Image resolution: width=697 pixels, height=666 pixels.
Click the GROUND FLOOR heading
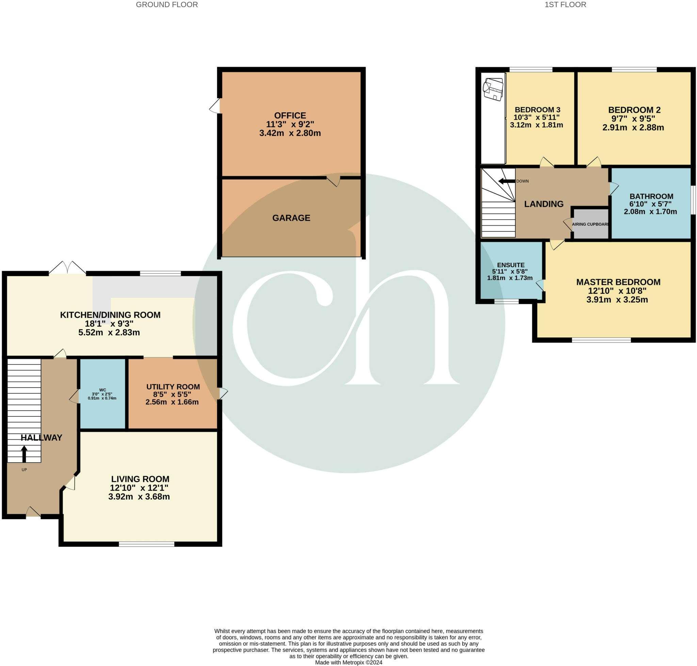point(167,5)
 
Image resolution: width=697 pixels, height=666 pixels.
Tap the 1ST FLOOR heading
point(565,5)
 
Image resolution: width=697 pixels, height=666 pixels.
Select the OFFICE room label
point(290,116)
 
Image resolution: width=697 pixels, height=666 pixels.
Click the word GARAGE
point(291,218)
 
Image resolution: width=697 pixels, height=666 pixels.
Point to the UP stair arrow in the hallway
point(24,454)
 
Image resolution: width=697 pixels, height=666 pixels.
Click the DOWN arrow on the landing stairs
point(506,181)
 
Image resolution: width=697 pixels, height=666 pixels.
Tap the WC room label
point(102,390)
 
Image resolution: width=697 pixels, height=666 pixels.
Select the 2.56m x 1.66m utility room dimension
point(172,402)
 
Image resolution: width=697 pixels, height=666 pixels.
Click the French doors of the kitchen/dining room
point(67,268)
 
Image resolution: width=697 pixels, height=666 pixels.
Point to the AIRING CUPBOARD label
point(590,224)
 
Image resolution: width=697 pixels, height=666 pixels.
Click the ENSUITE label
point(511,265)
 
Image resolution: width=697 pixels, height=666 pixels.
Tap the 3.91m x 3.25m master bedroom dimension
point(617,300)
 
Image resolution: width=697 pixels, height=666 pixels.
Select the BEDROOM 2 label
point(634,110)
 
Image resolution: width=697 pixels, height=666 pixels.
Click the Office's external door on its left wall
point(215,106)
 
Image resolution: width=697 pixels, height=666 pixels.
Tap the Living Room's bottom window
point(146,544)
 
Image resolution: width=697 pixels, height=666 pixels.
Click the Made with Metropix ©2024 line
point(348,663)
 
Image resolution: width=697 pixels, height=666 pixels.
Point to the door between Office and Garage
point(333,181)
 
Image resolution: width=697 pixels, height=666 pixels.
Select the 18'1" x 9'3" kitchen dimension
point(109,324)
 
